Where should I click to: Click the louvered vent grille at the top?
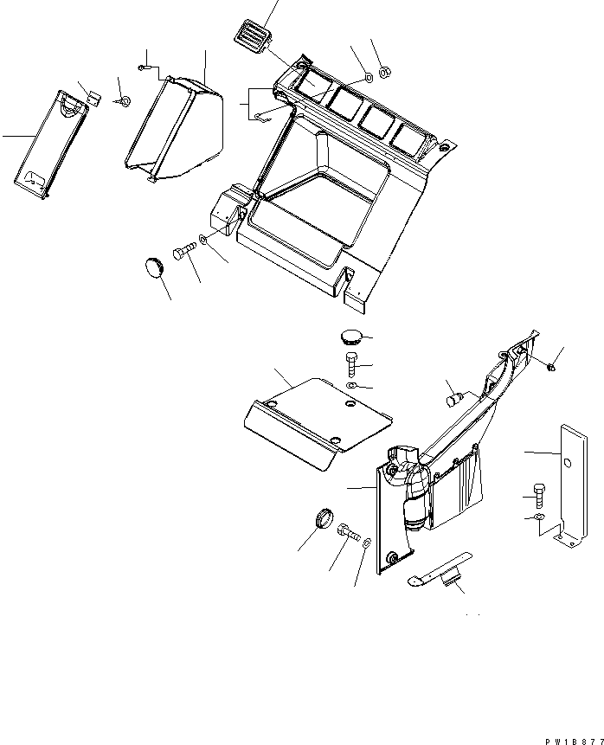click(251, 38)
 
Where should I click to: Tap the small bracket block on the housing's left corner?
click(228, 212)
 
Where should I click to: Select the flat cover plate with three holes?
click(316, 420)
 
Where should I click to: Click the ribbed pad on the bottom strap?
click(450, 577)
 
